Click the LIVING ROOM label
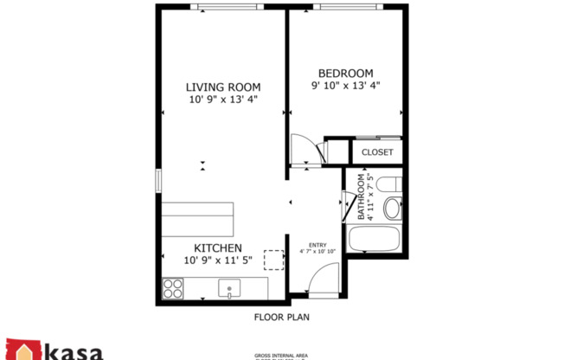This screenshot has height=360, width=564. click(x=224, y=87)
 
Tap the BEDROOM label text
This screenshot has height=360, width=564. click(x=345, y=73)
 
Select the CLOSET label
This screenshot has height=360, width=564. click(x=377, y=152)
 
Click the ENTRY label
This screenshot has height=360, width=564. click(x=317, y=244)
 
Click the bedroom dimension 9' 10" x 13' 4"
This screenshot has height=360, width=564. click(x=345, y=86)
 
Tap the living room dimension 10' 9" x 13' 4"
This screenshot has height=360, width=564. click(x=224, y=100)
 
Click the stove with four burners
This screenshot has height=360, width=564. click(x=172, y=286)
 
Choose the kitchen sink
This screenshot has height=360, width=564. click(x=230, y=287)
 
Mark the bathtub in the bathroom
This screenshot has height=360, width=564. click(x=373, y=239)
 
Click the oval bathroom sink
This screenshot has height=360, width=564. click(x=392, y=209)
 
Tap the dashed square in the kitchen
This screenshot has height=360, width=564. click(x=274, y=260)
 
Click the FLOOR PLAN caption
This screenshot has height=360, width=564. click(x=282, y=317)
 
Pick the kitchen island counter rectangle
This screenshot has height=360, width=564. click(x=197, y=220)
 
